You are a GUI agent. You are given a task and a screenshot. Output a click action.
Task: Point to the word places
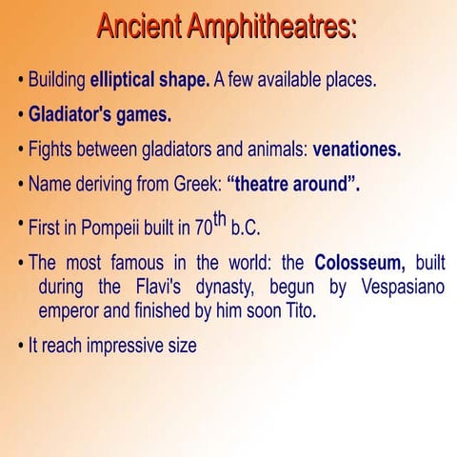(x=349, y=80)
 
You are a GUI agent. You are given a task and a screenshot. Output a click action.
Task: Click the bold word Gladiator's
(x=71, y=115)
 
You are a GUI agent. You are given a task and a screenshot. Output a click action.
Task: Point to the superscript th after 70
(x=221, y=220)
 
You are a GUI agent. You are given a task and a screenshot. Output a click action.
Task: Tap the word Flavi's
(x=155, y=287)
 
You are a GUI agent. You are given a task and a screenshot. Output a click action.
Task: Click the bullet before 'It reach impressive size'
(x=21, y=346)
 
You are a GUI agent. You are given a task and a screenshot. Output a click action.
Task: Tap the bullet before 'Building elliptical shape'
(x=21, y=80)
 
